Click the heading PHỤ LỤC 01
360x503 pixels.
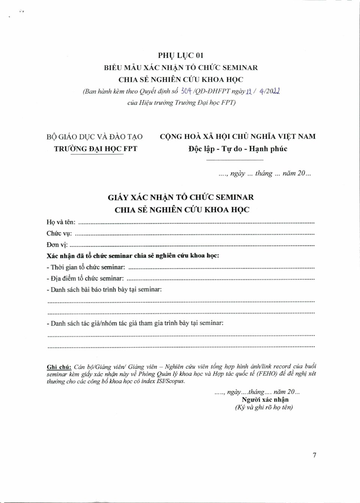click(181, 55)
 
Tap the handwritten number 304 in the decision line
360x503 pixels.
click(186, 91)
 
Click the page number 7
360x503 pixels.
click(314, 455)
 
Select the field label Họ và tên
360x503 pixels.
click(61, 222)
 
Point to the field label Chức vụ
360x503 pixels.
click(59, 234)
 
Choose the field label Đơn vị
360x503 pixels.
click(57, 245)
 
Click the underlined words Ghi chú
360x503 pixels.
click(59, 367)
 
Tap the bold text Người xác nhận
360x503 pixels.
click(265, 400)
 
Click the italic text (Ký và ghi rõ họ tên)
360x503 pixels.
click(264, 407)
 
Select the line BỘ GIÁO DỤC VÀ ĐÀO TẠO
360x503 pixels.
click(94, 137)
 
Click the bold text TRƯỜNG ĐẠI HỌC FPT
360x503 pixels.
click(96, 149)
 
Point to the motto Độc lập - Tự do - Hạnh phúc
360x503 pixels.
click(238, 149)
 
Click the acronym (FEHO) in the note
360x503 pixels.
click(267, 374)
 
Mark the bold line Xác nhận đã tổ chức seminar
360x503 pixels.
click(133, 256)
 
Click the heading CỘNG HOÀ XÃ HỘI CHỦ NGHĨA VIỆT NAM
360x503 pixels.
click(238, 136)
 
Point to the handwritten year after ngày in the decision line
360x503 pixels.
click(273, 91)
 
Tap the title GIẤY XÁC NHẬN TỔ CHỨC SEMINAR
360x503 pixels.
click(181, 197)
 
